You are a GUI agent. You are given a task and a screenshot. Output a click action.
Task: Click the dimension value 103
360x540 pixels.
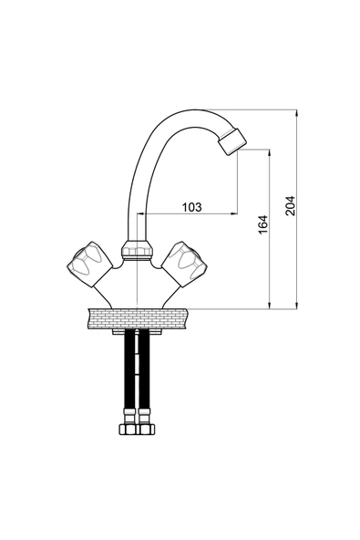[191, 207]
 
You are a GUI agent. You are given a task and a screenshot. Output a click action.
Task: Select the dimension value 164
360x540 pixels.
[263, 224]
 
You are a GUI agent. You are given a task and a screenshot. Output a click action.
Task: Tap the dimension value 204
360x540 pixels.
[290, 205]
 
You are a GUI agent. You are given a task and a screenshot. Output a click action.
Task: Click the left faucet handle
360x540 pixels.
[89, 264]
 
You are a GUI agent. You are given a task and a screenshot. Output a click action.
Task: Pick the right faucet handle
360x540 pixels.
[184, 264]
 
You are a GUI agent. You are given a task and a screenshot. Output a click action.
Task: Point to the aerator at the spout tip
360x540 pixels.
[233, 141]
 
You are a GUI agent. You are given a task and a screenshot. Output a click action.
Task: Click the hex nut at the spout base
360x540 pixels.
[138, 249]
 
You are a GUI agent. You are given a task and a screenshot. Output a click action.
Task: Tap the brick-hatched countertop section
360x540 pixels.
[138, 318]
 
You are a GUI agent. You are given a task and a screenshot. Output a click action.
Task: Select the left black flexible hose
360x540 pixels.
[130, 369]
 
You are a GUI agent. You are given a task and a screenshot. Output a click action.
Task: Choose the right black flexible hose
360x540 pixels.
[144, 369]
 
